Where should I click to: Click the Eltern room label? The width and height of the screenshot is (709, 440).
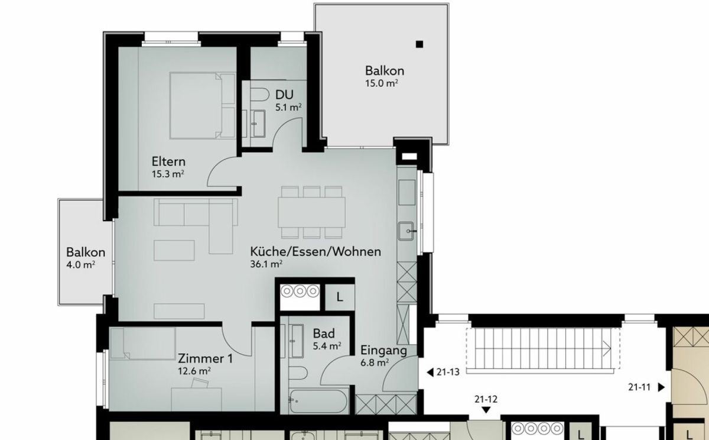pyautogui.click(x=168, y=161)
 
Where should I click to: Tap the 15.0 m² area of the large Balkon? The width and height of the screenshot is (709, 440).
pyautogui.click(x=380, y=83)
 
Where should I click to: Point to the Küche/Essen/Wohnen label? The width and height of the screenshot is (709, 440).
pyautogui.click(x=315, y=251)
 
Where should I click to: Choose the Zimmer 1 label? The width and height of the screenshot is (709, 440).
pyautogui.click(x=205, y=359)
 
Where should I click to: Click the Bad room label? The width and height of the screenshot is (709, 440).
pyautogui.click(x=324, y=334)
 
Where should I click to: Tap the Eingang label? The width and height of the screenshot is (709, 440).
pyautogui.click(x=383, y=350)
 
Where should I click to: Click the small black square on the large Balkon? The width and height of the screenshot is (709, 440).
pyautogui.click(x=419, y=43)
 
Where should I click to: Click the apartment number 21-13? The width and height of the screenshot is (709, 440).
pyautogui.click(x=448, y=372)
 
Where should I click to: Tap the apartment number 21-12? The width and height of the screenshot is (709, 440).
pyautogui.click(x=486, y=399)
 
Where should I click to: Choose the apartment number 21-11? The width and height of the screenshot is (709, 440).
pyautogui.click(x=640, y=387)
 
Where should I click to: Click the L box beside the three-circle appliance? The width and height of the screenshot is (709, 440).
pyautogui.click(x=339, y=297)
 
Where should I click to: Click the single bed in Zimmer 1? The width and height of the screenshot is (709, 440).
pyautogui.click(x=142, y=342)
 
